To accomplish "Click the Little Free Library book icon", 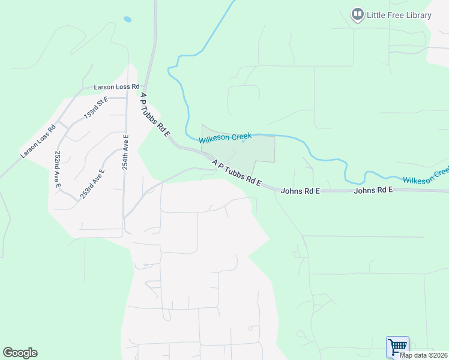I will tap(358, 14).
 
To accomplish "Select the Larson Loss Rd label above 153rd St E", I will tap(116, 87).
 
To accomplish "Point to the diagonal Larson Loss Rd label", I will tap(37, 141).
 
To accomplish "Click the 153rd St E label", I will tap(96, 106).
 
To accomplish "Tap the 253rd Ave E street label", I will tap(92, 183).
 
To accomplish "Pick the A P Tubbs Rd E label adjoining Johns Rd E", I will tap(237, 173).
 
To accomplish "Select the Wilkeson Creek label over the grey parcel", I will tap(225, 138).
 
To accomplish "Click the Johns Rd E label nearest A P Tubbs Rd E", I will tap(300, 191).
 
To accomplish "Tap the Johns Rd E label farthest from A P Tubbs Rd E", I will tap(373, 190).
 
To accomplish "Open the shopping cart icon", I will tap(397, 347).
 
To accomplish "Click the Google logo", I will tap(20, 353).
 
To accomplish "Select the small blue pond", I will tap(127, 19).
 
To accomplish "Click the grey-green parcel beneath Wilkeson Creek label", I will tap(252, 151).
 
